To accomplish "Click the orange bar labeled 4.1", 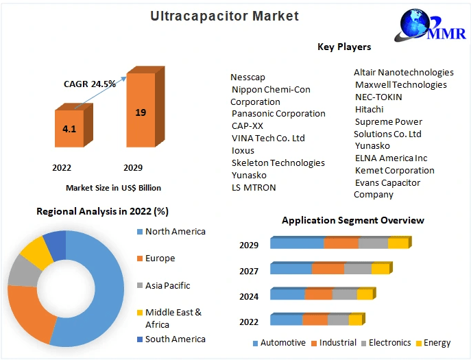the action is pos(73,125).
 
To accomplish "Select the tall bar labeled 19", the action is pos(145,107).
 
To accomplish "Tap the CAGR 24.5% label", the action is pos(90,84).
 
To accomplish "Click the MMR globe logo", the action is pos(430,25).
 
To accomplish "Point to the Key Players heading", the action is pos(344,47).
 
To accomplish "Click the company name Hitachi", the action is pos(369,110).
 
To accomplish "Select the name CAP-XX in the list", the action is pos(247,125).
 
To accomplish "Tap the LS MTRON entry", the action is pos(254,187).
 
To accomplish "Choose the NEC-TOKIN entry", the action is pos(378,97).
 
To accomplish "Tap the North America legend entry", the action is pos(171,231).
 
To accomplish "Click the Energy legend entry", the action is pos(433,343).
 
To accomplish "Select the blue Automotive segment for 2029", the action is pos(297,243).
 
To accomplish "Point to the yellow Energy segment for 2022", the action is pos(356,320).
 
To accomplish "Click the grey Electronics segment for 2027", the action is pos(358,268).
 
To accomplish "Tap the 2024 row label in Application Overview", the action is pos(249,297).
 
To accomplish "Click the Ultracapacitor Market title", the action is pos(224,16).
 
